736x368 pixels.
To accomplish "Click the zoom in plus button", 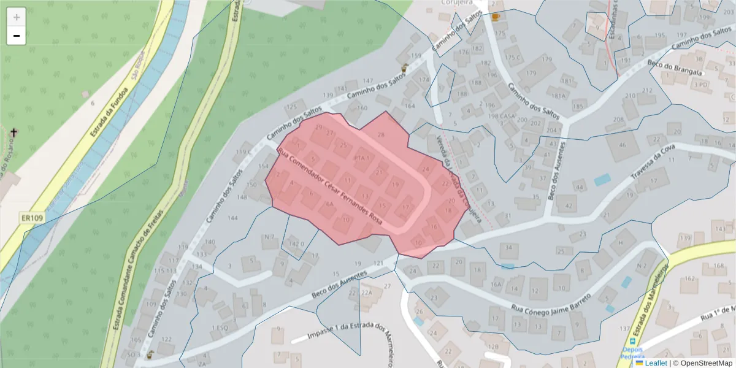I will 16,17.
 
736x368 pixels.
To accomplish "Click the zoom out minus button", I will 16,36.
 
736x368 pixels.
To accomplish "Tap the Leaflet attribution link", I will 656,363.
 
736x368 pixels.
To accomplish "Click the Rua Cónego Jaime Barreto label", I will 551,302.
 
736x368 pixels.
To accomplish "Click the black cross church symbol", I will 14,132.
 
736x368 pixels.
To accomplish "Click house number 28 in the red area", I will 380,134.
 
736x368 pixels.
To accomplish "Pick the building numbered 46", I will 623,145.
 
